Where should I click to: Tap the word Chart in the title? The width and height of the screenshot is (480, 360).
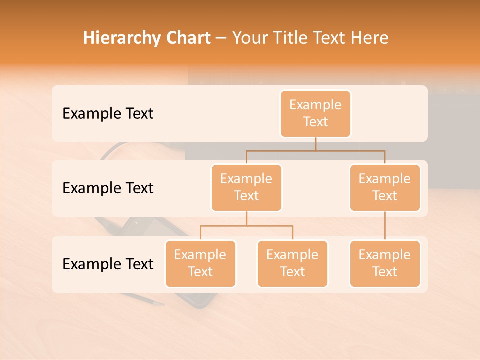(187, 38)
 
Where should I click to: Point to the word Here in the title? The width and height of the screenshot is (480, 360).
(369, 38)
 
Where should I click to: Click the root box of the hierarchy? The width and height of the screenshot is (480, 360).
(315, 114)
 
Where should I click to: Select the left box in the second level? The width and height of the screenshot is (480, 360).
(246, 188)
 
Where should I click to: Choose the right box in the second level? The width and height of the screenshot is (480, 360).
(385, 188)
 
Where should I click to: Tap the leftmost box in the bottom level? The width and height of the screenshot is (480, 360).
(200, 264)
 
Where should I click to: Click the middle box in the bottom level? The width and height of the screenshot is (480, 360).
(292, 264)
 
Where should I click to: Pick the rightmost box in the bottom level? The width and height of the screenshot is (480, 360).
(385, 264)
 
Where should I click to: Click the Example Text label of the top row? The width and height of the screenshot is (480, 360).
(108, 114)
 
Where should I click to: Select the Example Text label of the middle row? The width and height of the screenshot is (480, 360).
(108, 188)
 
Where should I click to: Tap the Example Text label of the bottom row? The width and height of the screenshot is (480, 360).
(108, 264)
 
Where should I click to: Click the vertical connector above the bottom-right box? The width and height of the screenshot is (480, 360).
(385, 226)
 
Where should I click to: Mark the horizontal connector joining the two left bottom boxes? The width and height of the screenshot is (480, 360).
(246, 226)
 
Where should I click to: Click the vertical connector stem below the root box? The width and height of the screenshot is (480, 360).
(315, 144)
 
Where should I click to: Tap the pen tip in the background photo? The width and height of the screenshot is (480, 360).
(159, 304)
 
